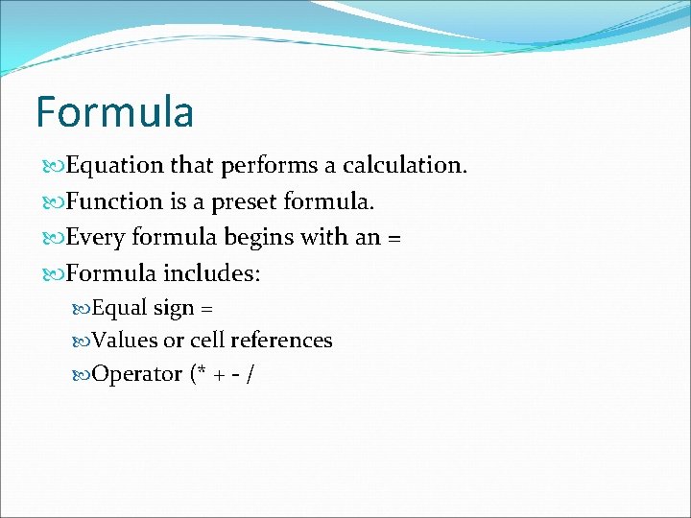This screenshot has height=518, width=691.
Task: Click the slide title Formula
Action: pos(114,111)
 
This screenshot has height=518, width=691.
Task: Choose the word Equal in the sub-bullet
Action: pos(120,309)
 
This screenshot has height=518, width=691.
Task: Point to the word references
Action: pos(286,341)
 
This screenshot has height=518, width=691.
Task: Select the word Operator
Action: pos(136,373)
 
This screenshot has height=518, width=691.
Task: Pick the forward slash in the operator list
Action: pos(250,373)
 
